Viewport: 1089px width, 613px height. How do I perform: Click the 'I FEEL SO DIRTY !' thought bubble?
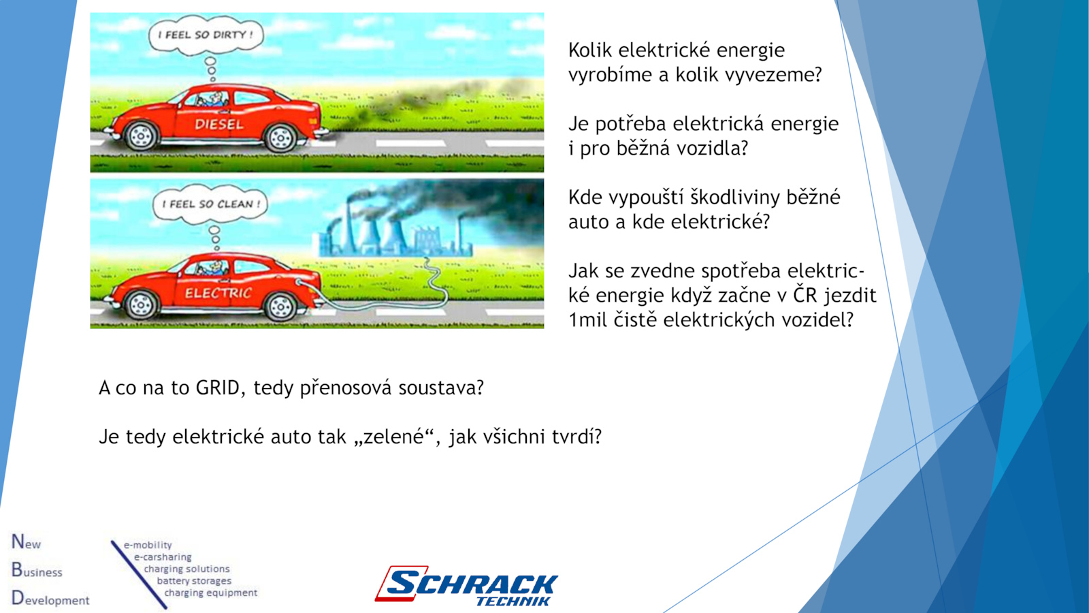[x=206, y=35]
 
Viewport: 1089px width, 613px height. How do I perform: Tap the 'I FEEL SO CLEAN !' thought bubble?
[x=210, y=204]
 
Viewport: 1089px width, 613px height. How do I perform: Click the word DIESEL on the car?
[x=219, y=125]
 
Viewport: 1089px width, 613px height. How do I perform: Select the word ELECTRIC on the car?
[x=218, y=293]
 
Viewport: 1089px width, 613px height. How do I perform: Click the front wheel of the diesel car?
[x=141, y=136]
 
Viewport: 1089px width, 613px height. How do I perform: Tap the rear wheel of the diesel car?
[x=280, y=138]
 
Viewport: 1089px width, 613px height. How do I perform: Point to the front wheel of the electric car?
[x=141, y=305]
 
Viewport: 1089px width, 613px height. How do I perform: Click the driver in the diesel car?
[x=214, y=99]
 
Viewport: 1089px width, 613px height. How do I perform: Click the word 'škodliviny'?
[x=744, y=198]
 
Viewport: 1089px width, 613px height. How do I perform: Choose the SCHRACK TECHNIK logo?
[x=467, y=586]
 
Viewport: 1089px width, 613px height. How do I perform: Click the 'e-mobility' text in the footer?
[x=148, y=545]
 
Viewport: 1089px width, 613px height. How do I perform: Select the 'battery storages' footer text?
[x=194, y=581]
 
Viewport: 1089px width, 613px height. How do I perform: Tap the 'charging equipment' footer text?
[x=210, y=593]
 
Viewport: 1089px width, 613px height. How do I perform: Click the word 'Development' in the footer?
[x=50, y=599]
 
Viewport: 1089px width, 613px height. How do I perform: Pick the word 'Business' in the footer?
[x=37, y=570]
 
